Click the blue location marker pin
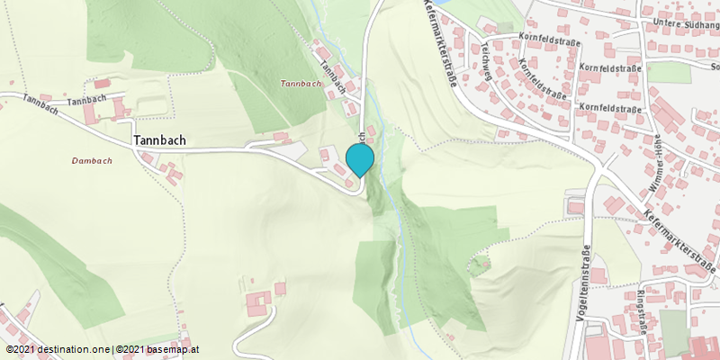click(360, 159)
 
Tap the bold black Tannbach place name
click(160, 140)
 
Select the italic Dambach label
click(92, 160)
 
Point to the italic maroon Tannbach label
click(301, 84)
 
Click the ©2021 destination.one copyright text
click(58, 349)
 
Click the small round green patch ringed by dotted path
click(479, 263)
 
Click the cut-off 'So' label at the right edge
click(715, 67)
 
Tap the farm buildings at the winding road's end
click(259, 301)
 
